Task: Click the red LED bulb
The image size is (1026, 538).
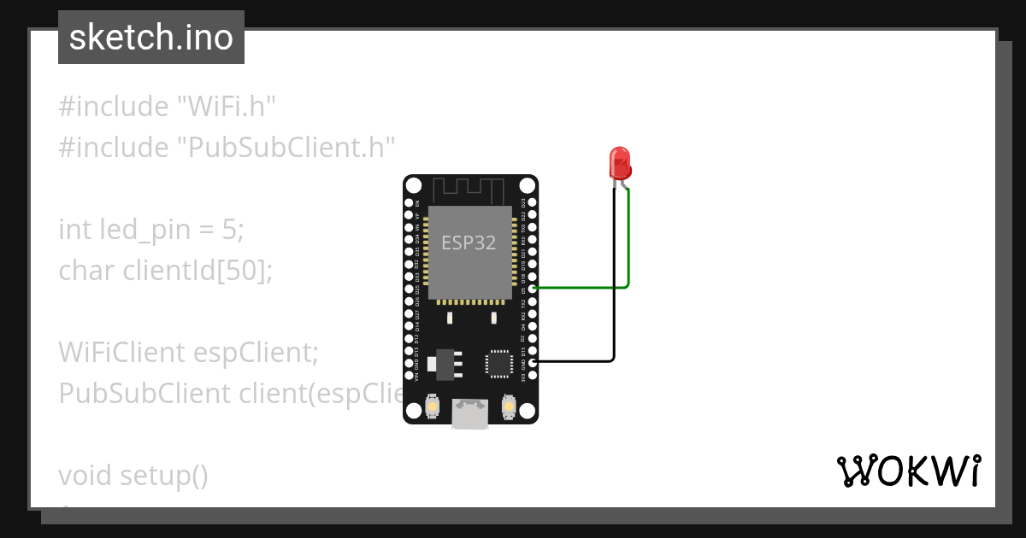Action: tap(619, 162)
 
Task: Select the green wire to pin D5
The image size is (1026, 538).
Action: tap(581, 288)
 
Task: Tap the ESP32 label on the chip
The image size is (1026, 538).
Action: tap(469, 243)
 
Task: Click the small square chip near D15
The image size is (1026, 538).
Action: tap(498, 363)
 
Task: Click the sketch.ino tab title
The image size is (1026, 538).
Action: tap(151, 38)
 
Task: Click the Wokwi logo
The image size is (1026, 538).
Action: tap(908, 471)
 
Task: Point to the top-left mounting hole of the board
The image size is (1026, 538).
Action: tap(414, 185)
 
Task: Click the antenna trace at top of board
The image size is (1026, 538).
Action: tap(469, 188)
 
